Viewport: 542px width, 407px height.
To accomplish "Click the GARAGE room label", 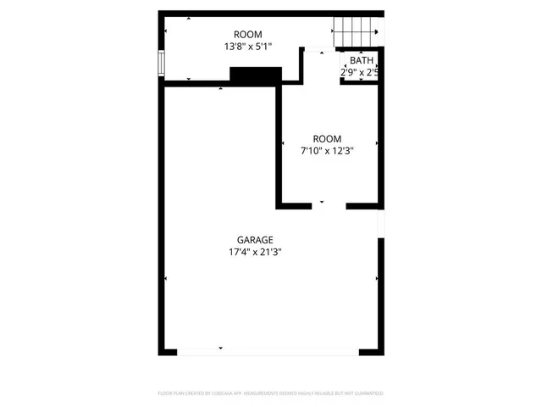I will pos(255,240).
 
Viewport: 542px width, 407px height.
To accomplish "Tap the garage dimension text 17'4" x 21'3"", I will pos(255,252).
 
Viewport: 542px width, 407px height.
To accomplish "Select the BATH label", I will pos(362,60).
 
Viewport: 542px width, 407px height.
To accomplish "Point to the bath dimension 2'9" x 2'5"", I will pos(359,72).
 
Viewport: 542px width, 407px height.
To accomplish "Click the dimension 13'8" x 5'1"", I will pos(248,47).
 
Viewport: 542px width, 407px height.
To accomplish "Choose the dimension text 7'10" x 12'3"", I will pos(327,151).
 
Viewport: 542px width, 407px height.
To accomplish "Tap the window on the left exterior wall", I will pos(160,64).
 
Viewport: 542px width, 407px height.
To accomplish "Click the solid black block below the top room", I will pos(255,76).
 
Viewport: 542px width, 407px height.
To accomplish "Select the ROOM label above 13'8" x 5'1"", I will pos(248,35).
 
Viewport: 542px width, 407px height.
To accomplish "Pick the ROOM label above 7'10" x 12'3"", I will pos(327,139).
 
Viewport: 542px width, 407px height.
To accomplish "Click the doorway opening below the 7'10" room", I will pos(322,204).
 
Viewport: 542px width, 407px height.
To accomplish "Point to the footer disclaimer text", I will pos(271,393).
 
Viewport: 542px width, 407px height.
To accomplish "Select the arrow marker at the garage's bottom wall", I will pos(221,348).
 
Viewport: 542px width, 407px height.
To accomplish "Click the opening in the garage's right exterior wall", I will pos(381,222).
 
